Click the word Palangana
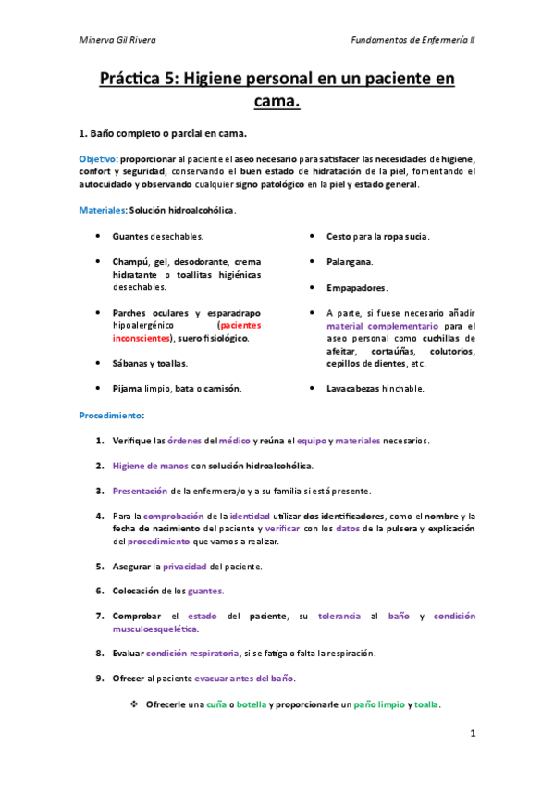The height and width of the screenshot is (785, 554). pos(350,262)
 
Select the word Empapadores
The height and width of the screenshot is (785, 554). pos(357,288)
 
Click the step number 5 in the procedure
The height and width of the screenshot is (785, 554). pos(99,566)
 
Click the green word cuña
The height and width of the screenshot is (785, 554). pos(218,704)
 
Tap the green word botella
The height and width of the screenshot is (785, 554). pos(252,704)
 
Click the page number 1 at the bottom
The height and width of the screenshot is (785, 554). pos(472,734)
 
